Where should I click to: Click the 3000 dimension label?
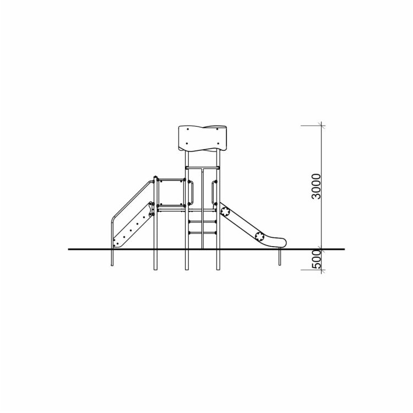316,186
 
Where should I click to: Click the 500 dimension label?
316,259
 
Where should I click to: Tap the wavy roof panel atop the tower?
202,138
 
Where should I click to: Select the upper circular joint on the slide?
225,211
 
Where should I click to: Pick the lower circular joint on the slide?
260,236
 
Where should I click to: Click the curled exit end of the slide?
279,242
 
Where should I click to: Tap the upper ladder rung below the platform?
202,222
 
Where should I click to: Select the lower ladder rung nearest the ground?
202,232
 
